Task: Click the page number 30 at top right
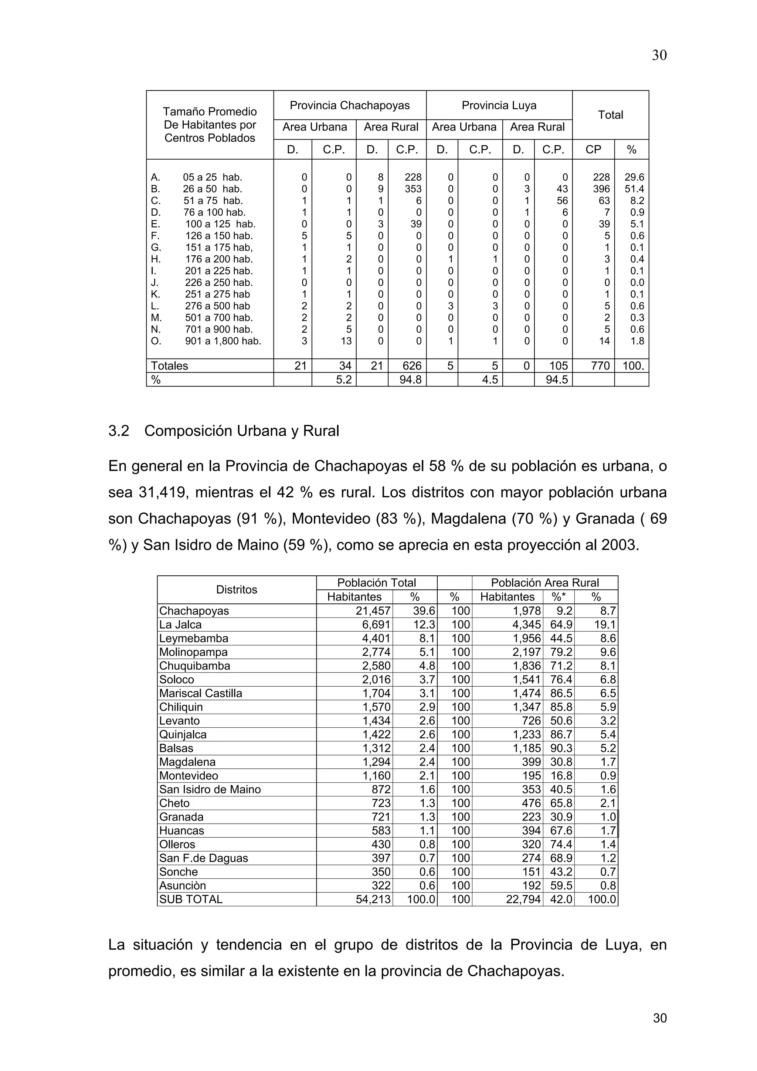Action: pos(659,55)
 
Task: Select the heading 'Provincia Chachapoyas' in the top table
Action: pos(349,105)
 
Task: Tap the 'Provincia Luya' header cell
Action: pos(499,105)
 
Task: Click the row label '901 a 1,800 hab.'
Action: pos(223,341)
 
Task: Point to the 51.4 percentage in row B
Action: pos(634,189)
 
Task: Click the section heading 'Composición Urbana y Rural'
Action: pos(242,431)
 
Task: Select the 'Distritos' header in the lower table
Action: pos(237,589)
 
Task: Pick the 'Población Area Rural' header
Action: pos(544,582)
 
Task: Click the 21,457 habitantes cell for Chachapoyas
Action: pos(373,611)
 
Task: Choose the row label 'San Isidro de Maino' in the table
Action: pos(210,789)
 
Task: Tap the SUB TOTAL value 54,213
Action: pos(373,899)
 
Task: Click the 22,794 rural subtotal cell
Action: pos(523,899)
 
